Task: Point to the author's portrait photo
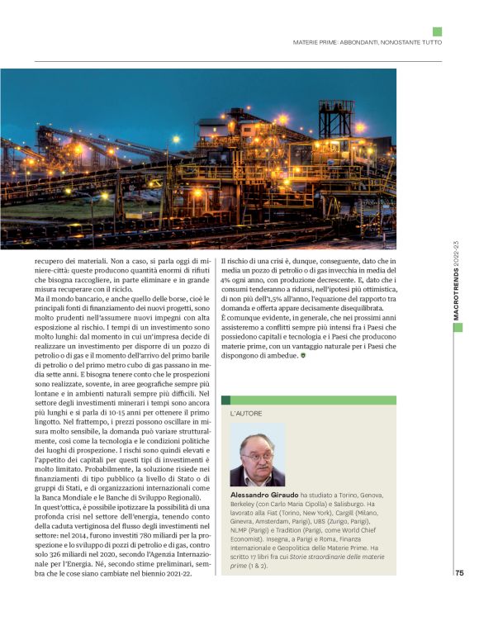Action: (x=257, y=454)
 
